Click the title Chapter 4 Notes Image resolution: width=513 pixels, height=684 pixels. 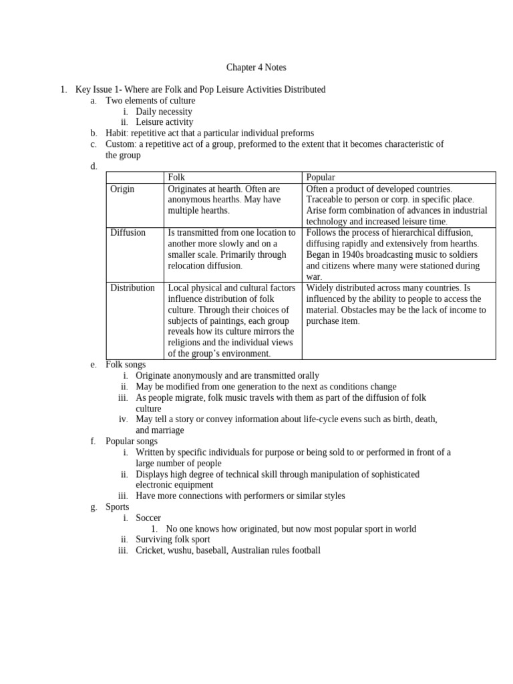pyautogui.click(x=256, y=67)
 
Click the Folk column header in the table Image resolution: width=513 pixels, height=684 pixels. pyautogui.click(x=176, y=177)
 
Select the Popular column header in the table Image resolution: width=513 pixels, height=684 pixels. pyautogui.click(x=321, y=177)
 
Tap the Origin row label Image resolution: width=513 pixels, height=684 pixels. pyautogui.click(x=122, y=189)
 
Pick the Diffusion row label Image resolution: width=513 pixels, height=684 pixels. pyautogui.click(x=128, y=232)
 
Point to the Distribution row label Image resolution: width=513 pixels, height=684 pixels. pyautogui.click(x=132, y=288)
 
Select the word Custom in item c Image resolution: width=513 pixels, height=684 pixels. pyautogui.click(x=121, y=144)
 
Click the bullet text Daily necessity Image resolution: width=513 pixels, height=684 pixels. pyautogui.click(x=164, y=112)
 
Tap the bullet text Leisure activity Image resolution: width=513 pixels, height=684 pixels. pyautogui.click(x=164, y=122)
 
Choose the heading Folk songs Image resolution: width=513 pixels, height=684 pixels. pyautogui.click(x=126, y=365)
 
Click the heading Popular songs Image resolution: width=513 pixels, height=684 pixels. pyautogui.click(x=132, y=441)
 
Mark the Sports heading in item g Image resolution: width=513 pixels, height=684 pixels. pyautogui.click(x=118, y=507)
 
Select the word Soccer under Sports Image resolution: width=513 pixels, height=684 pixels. pyautogui.click(x=148, y=518)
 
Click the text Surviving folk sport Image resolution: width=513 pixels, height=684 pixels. pyautogui.click(x=173, y=539)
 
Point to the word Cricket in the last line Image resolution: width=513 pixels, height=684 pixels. pyautogui.click(x=150, y=550)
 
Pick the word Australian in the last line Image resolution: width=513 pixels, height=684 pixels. pyautogui.click(x=253, y=550)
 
